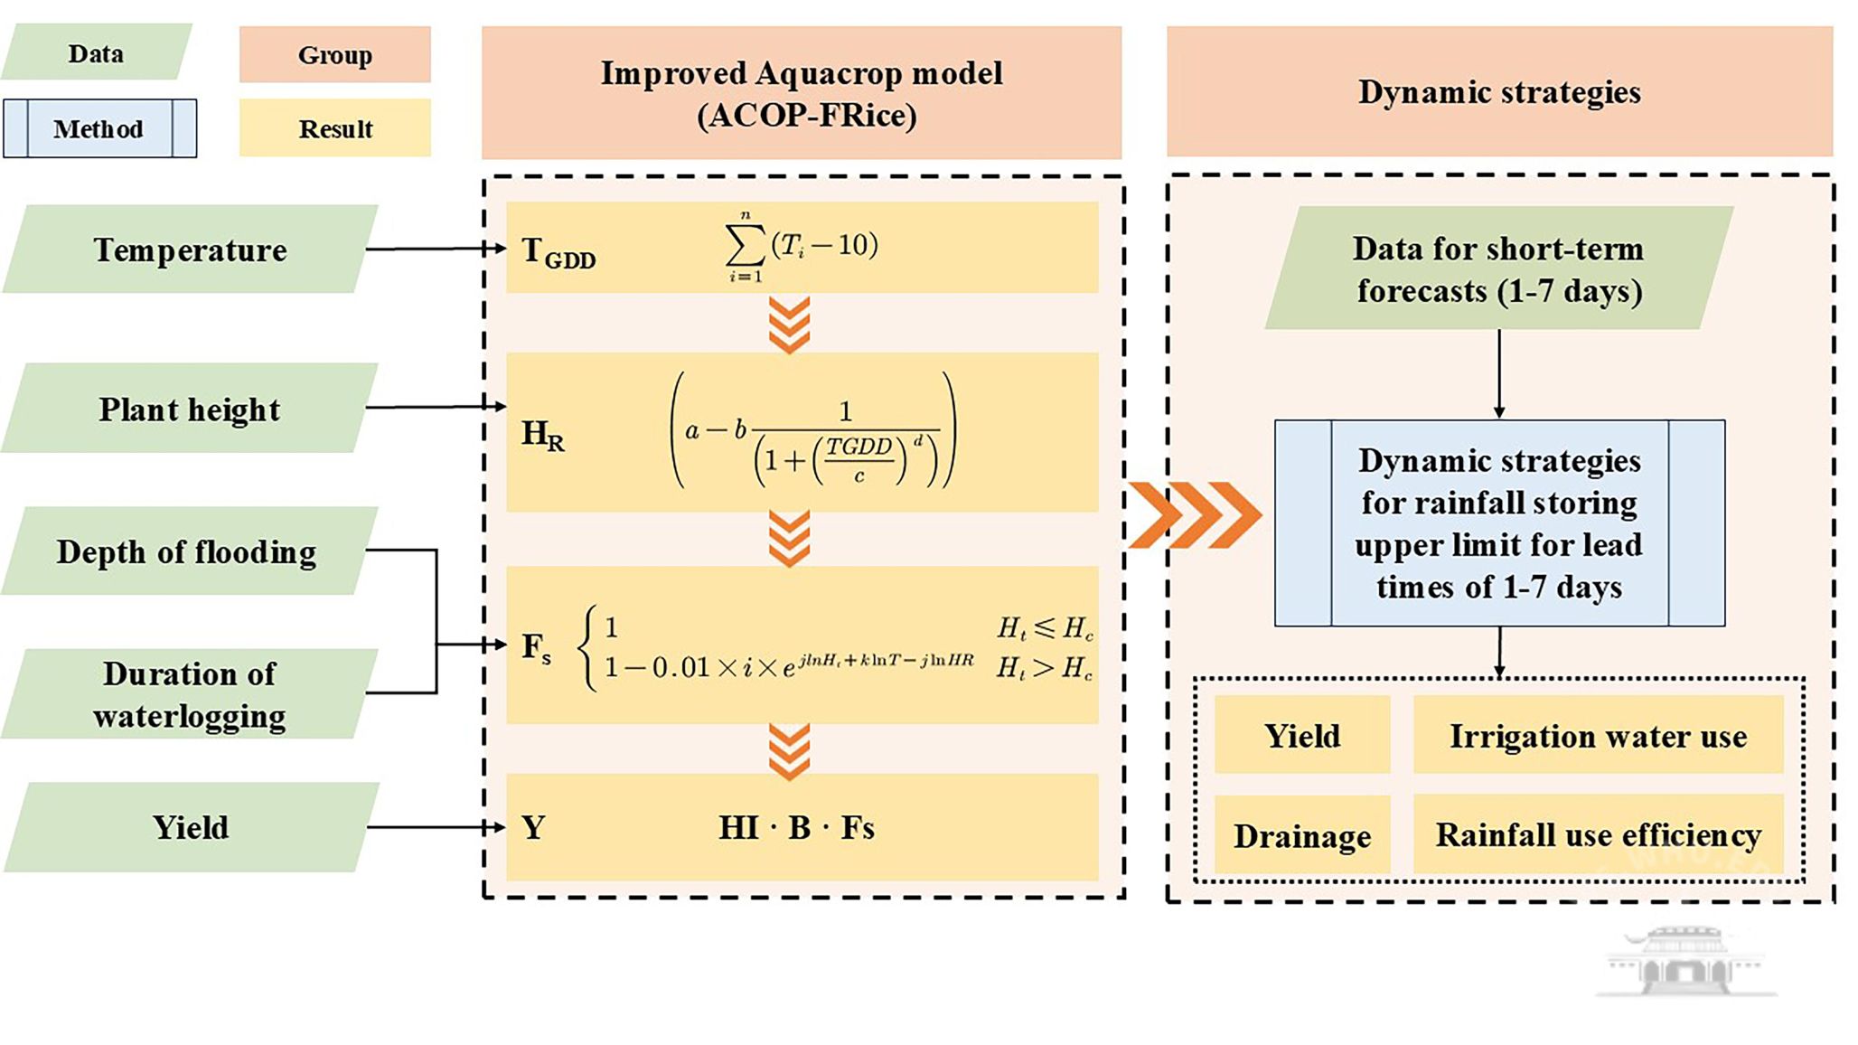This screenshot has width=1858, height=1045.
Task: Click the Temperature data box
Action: point(190,249)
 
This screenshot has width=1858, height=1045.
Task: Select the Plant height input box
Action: point(190,409)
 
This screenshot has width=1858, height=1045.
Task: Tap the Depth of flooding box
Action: point(188,551)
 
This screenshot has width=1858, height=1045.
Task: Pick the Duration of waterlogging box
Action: point(190,694)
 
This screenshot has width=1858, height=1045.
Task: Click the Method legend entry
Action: point(99,128)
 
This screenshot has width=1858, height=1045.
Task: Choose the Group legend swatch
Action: point(334,55)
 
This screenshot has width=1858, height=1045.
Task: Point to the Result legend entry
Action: point(334,128)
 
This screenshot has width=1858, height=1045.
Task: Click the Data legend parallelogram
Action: point(96,53)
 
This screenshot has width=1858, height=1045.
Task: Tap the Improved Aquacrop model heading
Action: point(802,93)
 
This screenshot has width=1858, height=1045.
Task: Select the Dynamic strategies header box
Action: point(1499,92)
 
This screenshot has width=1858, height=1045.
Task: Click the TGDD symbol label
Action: point(558,252)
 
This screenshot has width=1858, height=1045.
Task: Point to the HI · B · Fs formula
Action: point(796,828)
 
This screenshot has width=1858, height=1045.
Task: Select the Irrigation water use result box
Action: point(1598,736)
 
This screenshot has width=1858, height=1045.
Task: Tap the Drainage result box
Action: point(1301,836)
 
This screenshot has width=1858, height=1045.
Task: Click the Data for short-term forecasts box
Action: point(1498,268)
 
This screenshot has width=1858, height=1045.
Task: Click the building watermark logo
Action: point(1684,960)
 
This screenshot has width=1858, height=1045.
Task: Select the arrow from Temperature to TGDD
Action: point(434,249)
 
